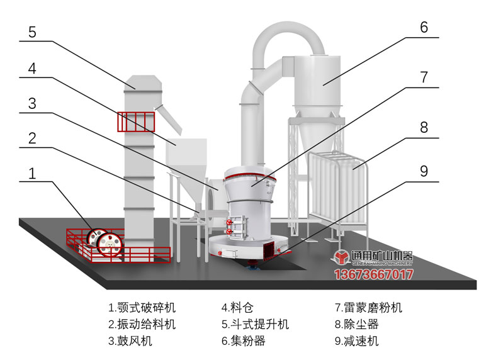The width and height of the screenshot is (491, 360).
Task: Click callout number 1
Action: (32, 174)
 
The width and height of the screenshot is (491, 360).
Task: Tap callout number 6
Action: (424, 28)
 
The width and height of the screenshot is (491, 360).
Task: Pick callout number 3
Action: (32, 103)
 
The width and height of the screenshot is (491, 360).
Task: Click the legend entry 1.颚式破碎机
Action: (142, 308)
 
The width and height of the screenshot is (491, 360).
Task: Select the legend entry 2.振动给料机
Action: (142, 325)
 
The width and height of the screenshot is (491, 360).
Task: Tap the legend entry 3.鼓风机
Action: (130, 342)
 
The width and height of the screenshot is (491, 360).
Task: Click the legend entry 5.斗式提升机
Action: (254, 325)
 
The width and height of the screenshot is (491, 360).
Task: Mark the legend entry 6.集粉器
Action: (243, 342)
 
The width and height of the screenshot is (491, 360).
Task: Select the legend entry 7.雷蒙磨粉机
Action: (368, 308)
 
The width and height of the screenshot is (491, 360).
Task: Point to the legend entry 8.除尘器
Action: (357, 325)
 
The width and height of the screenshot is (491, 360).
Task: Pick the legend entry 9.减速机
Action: (357, 342)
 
